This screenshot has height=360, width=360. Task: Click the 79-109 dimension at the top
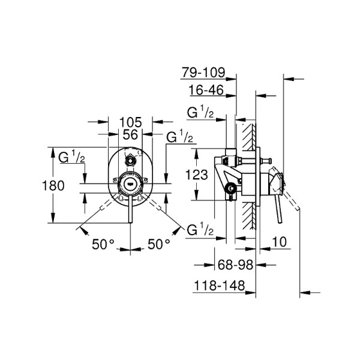pos(204,73)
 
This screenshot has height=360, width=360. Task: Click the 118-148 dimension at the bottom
pos(218,287)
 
